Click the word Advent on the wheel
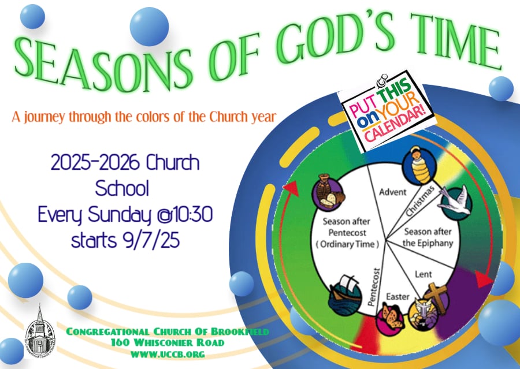click(x=393, y=192)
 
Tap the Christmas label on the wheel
click(x=419, y=201)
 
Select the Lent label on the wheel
click(x=424, y=274)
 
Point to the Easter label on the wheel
click(x=398, y=296)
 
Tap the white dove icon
click(x=456, y=202)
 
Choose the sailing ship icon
click(x=344, y=295)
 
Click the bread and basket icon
click(x=328, y=192)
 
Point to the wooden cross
click(x=436, y=298)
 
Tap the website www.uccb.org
click(x=168, y=354)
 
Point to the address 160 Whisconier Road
click(x=168, y=342)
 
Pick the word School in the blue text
click(x=122, y=188)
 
